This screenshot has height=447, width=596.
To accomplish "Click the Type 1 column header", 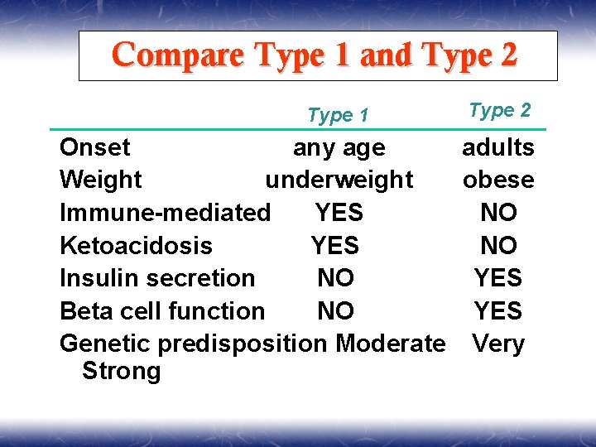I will pyautogui.click(x=338, y=115).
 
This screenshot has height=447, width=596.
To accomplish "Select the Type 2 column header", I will pyautogui.click(x=499, y=110).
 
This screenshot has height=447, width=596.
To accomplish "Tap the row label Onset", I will pyautogui.click(x=95, y=147).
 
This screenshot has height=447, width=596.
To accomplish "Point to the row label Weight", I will pyautogui.click(x=101, y=180).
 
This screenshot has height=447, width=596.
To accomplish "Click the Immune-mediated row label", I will pyautogui.click(x=165, y=213).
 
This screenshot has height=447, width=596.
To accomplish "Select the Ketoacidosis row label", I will pyautogui.click(x=136, y=246).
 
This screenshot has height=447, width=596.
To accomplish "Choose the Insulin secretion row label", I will pyautogui.click(x=157, y=278).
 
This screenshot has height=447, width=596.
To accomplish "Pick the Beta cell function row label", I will pyautogui.click(x=162, y=311).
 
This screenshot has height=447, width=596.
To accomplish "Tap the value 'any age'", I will pyautogui.click(x=339, y=148).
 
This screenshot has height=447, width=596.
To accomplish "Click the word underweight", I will pyautogui.click(x=339, y=180).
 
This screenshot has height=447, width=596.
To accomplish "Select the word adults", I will pyautogui.click(x=498, y=147).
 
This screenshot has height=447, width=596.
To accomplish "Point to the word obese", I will pyautogui.click(x=498, y=180).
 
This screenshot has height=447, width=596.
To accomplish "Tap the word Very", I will pyautogui.click(x=498, y=344).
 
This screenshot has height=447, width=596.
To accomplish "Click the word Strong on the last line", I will pyautogui.click(x=121, y=371).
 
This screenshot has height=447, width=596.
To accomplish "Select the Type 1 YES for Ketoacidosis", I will pyautogui.click(x=335, y=246).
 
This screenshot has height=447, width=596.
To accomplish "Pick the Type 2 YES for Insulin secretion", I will pyautogui.click(x=497, y=278).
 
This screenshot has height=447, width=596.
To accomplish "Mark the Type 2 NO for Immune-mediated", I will pyautogui.click(x=498, y=213).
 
